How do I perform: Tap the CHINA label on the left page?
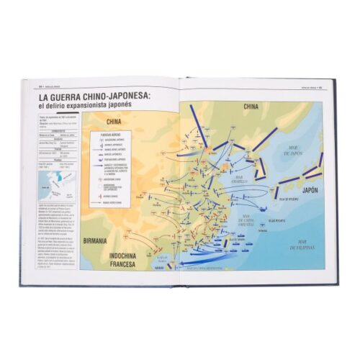112,122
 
